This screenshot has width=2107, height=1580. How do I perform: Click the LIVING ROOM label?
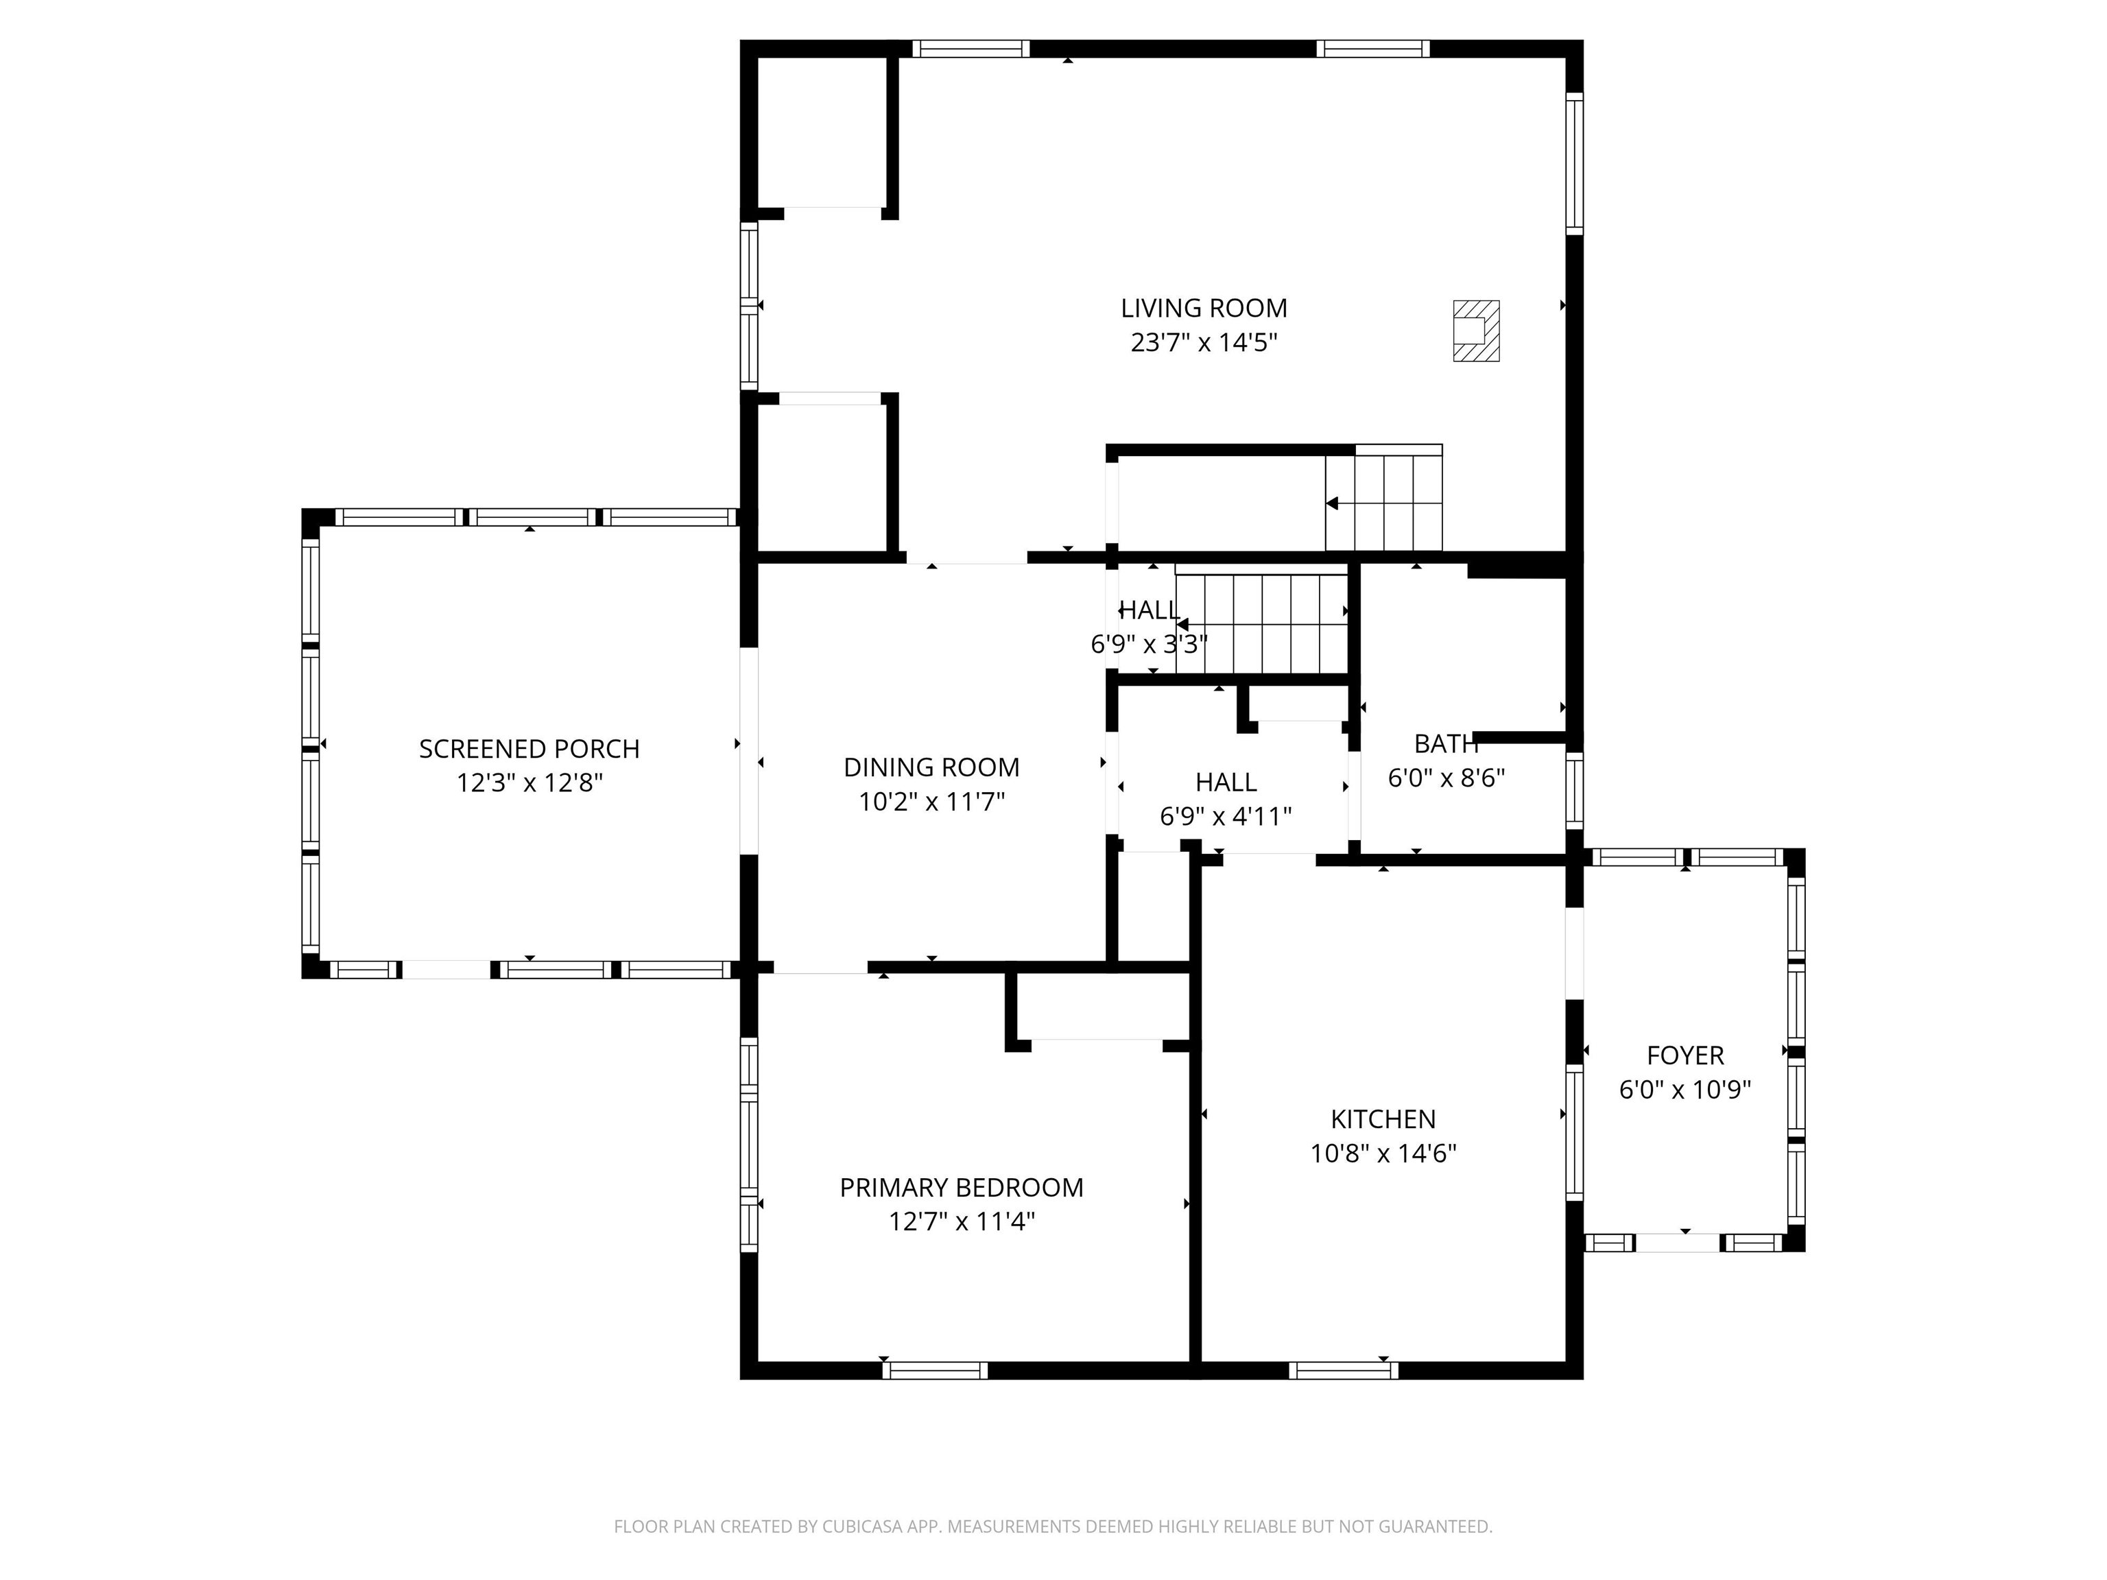tap(1204, 308)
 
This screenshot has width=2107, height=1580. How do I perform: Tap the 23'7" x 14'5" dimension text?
tap(1204, 342)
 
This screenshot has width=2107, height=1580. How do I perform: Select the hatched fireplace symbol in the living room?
tap(1475, 331)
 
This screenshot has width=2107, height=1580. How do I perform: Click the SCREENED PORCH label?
tap(529, 749)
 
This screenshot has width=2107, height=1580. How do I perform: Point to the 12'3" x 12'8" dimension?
tap(529, 783)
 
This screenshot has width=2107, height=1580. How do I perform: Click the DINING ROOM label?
tap(931, 767)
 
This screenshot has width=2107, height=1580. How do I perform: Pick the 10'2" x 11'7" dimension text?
tap(931, 801)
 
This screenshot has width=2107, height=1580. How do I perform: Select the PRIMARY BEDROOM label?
tap(961, 1188)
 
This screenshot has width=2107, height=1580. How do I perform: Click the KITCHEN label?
tap(1383, 1119)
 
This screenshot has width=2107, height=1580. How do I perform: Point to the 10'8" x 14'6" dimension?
tap(1383, 1153)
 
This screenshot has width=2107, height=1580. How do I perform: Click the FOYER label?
tap(1685, 1055)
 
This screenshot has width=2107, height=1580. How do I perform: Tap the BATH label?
tap(1446, 744)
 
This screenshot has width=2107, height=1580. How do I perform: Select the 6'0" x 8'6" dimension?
tap(1446, 778)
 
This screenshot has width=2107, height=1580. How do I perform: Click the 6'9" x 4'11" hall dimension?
tap(1226, 816)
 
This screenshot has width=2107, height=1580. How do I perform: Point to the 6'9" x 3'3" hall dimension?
tap(1149, 645)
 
